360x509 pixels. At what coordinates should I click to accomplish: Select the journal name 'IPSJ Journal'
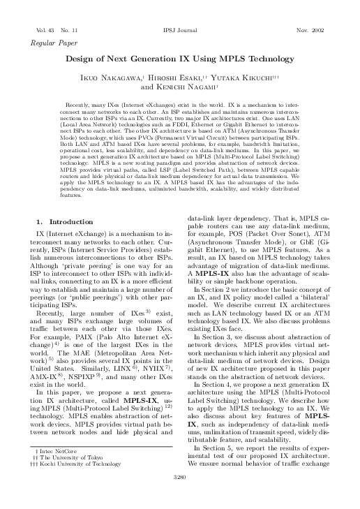179,31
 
